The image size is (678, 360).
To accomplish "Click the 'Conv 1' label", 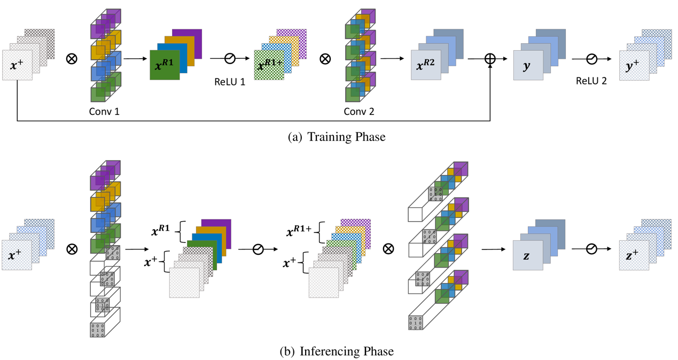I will [104, 112].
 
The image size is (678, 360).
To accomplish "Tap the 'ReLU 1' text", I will [230, 82].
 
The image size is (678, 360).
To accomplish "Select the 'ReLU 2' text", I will [591, 82].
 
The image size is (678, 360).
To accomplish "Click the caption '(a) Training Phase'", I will [337, 137].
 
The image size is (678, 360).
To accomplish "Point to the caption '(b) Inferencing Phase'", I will [337, 351].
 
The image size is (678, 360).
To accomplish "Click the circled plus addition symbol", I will [490, 59].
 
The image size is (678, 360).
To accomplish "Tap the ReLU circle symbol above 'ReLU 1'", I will [230, 59].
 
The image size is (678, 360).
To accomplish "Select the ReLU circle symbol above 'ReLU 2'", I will [591, 59].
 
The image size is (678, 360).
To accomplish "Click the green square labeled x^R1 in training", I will [165, 65].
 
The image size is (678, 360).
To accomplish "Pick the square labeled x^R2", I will [426, 65].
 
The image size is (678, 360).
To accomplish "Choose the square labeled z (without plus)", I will [527, 255].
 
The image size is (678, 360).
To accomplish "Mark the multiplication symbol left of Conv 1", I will [71, 58].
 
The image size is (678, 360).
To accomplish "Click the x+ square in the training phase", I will [17, 65].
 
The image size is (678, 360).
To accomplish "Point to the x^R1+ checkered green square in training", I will [268, 65].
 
